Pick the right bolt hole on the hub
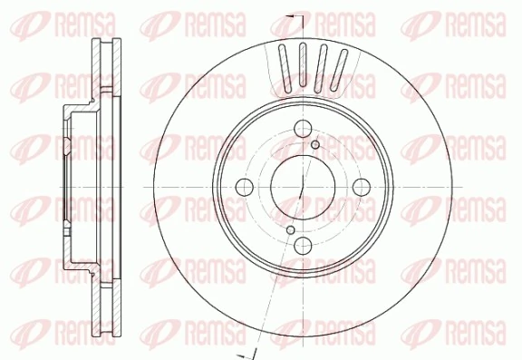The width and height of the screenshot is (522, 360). click(362, 187)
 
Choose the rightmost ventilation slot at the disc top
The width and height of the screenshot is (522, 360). click(341, 70)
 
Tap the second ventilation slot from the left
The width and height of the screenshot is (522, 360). click(303, 64)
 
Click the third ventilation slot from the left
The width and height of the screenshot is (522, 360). click(322, 65)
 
